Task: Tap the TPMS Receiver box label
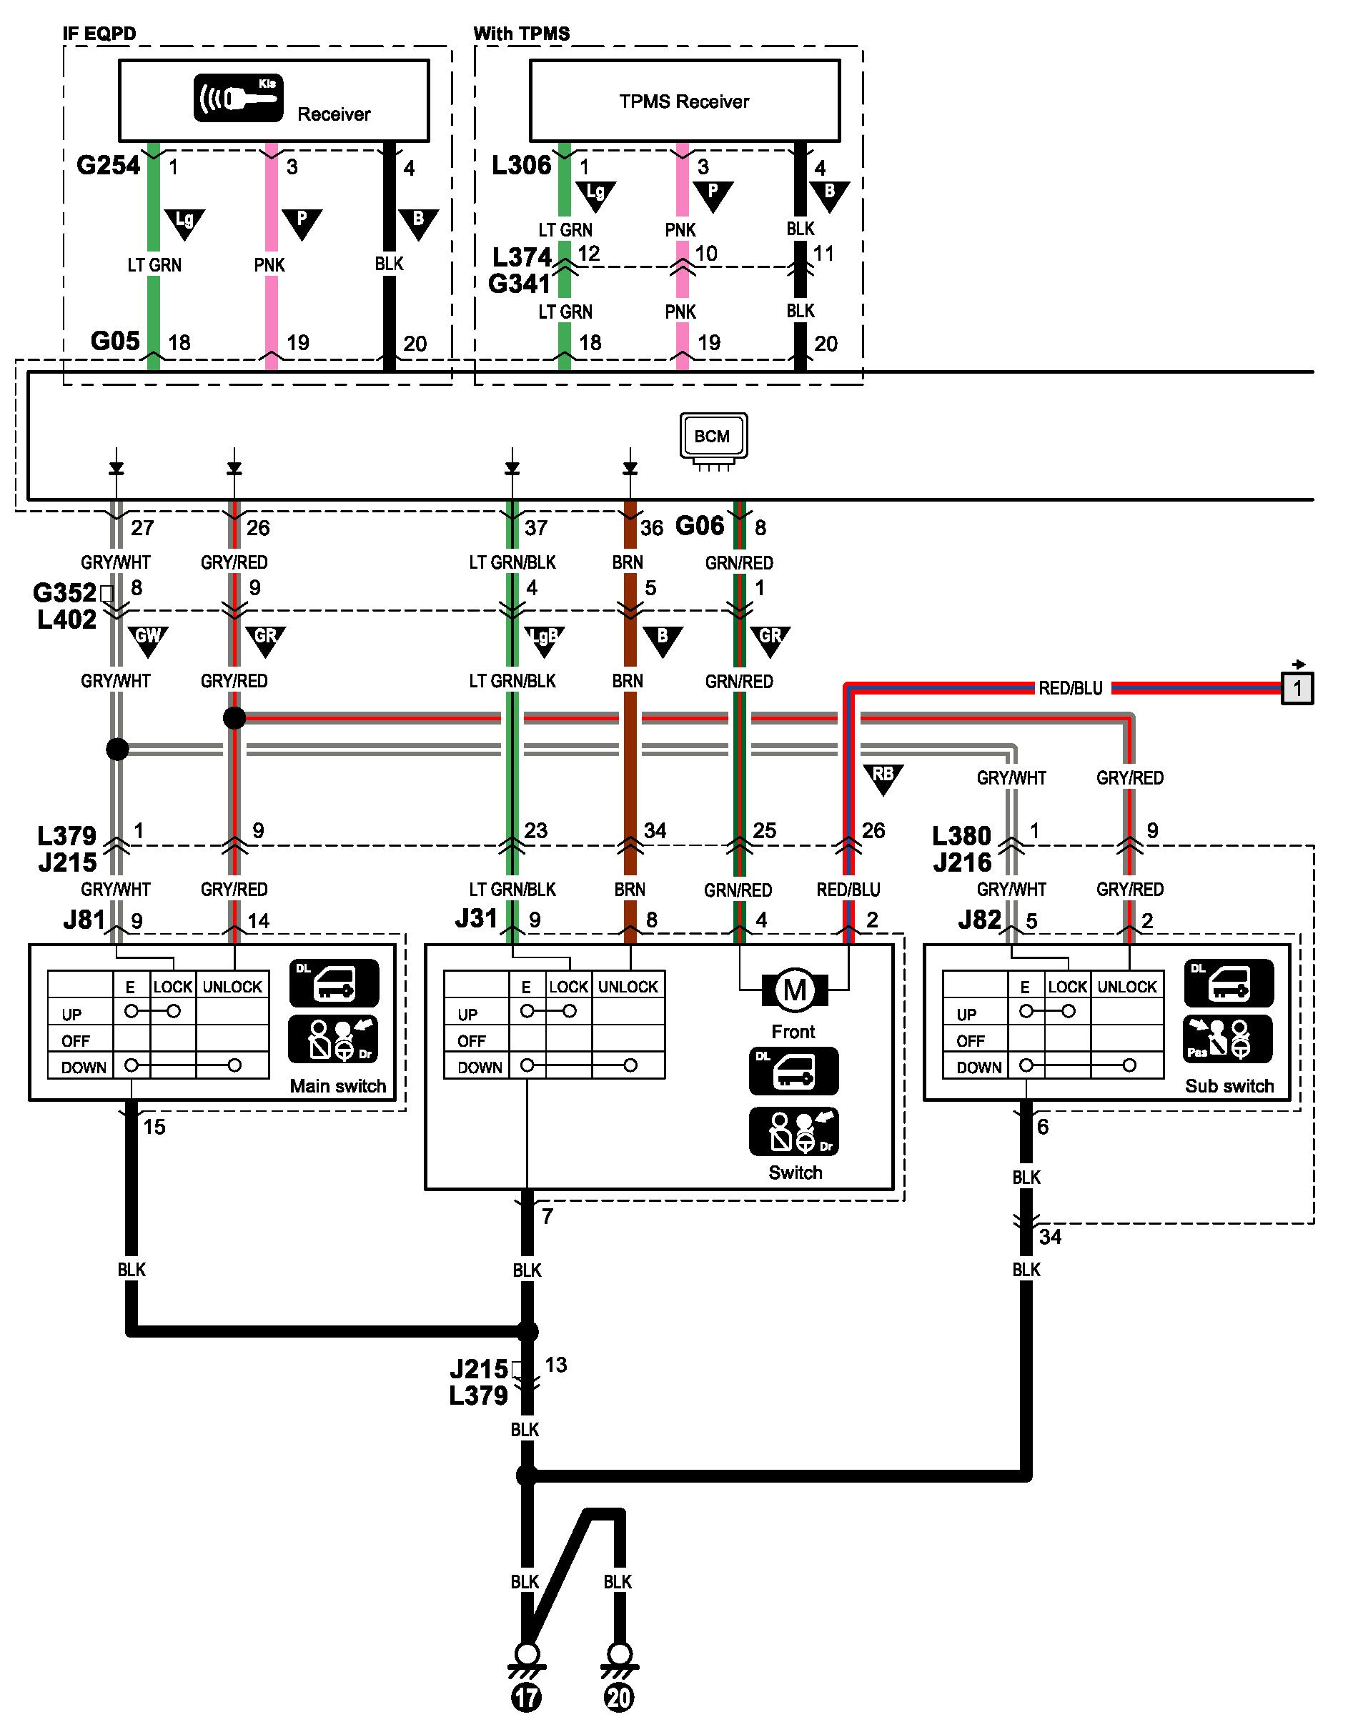683,101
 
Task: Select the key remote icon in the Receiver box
239,99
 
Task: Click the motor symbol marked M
795,990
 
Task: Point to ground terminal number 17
527,1697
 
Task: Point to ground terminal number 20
618,1697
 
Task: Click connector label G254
108,165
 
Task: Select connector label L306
521,165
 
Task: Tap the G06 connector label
700,525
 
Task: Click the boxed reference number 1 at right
1297,687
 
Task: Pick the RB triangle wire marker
883,778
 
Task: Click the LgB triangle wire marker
544,640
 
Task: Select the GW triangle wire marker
148,640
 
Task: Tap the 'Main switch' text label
338,1085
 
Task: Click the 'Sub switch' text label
1229,1085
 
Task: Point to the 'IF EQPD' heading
99,34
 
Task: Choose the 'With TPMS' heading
521,34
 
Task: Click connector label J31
476,918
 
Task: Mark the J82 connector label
979,919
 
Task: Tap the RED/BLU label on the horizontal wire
1071,687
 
